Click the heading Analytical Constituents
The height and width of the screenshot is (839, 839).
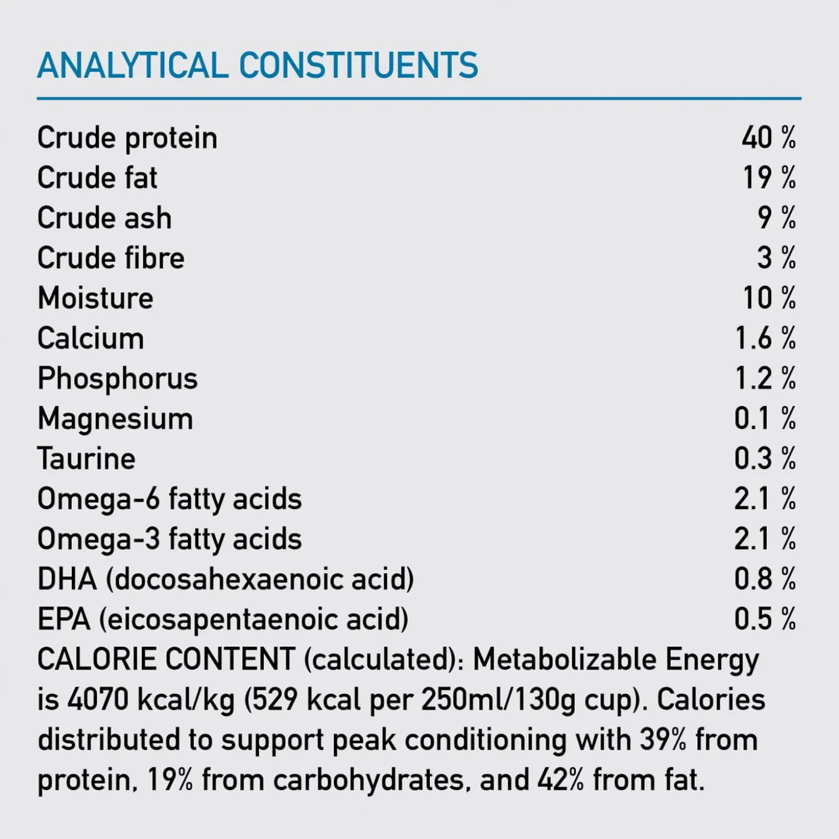click(257, 65)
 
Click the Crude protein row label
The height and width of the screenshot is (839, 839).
click(127, 138)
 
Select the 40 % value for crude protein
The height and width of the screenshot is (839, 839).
click(768, 138)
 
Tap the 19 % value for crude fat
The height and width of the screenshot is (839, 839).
click(769, 178)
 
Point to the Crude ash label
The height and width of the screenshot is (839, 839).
click(104, 218)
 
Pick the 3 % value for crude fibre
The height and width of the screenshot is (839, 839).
click(776, 258)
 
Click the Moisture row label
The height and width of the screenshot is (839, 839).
click(95, 298)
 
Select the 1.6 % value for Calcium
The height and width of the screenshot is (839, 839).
click(765, 338)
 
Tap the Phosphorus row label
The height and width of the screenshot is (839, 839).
click(117, 379)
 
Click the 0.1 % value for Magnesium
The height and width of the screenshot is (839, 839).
click(765, 418)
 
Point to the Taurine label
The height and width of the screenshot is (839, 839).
click(86, 459)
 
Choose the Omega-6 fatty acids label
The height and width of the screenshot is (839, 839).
click(170, 499)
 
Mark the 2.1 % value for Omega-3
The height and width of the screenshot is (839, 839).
click(765, 539)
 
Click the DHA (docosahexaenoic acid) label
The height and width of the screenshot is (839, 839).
click(225, 579)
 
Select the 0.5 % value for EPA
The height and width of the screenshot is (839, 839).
click(765, 619)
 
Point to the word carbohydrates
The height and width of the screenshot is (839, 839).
click(368, 780)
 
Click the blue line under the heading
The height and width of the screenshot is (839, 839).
click(419, 99)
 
